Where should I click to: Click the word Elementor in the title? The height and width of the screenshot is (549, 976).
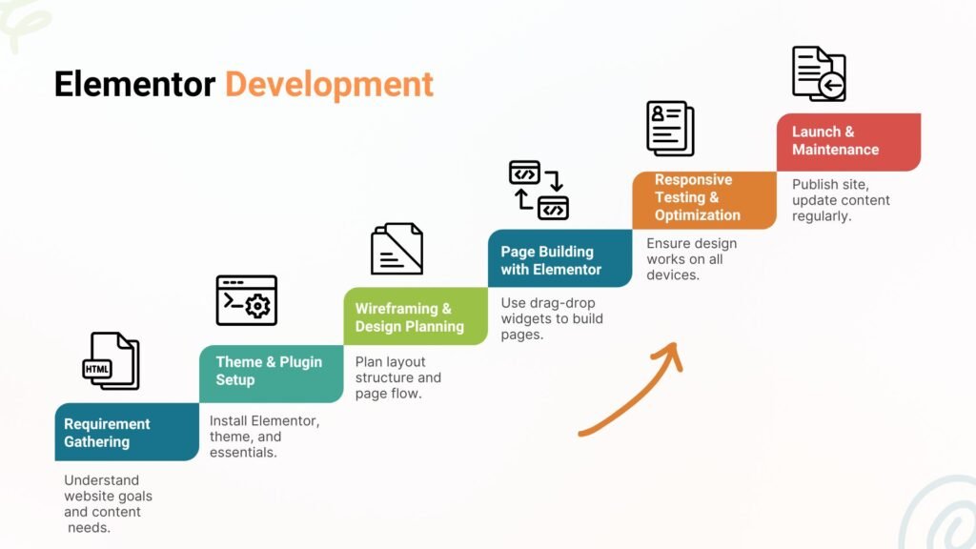click(x=134, y=84)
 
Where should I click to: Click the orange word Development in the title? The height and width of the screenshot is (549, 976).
click(x=329, y=85)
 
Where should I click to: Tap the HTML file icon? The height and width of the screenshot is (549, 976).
click(x=111, y=361)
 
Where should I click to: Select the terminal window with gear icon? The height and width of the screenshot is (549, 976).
click(x=247, y=300)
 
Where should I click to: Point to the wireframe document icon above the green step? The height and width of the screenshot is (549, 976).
click(x=397, y=249)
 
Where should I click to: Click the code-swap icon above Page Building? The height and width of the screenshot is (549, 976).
click(x=539, y=191)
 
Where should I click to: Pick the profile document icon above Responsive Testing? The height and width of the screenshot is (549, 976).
click(x=670, y=129)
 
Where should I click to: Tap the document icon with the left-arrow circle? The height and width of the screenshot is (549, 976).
click(x=819, y=73)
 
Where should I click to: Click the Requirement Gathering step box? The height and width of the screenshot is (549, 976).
click(x=127, y=432)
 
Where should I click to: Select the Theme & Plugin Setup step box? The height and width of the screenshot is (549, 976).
click(x=272, y=374)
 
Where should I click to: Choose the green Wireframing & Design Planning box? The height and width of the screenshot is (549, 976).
click(x=416, y=316)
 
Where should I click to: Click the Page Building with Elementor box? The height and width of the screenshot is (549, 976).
click(x=560, y=258)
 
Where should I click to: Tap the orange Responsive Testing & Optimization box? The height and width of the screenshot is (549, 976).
click(x=704, y=200)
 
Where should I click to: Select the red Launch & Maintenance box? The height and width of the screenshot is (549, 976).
click(x=849, y=142)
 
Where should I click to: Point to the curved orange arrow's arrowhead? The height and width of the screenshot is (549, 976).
click(x=670, y=355)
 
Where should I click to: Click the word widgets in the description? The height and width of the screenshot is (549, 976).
click(x=525, y=318)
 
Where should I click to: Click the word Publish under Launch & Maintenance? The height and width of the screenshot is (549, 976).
click(x=810, y=185)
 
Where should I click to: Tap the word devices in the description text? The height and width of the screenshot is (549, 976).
click(x=673, y=275)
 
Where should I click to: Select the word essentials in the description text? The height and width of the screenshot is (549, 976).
click(x=243, y=453)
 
